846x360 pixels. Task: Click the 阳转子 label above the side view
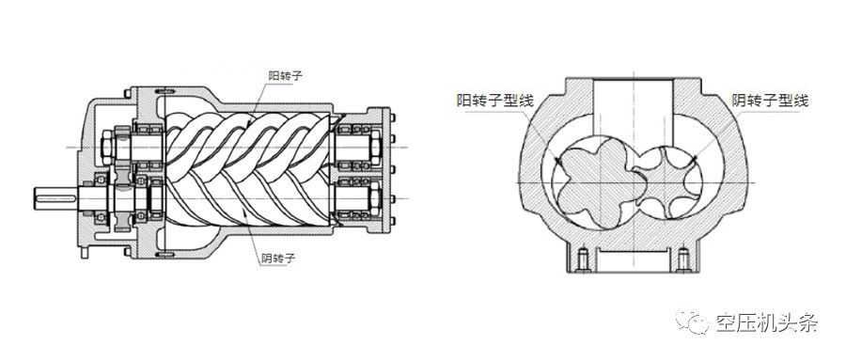(x=286, y=75)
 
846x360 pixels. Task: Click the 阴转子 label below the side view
(x=278, y=258)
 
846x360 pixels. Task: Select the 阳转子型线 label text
(x=494, y=100)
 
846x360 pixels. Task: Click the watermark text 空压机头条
(x=767, y=323)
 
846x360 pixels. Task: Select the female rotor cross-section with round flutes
(x=668, y=180)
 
